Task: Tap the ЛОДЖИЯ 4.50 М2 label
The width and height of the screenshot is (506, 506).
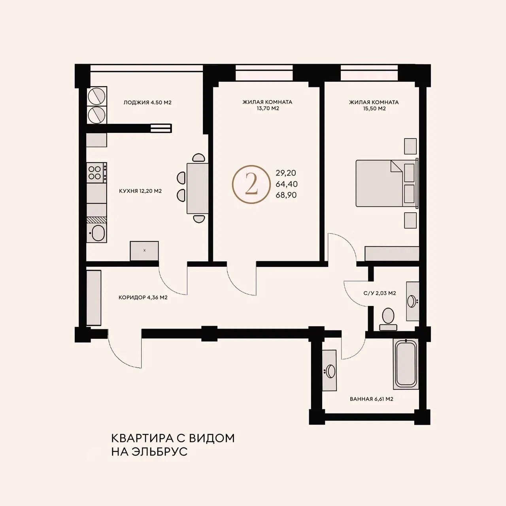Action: pos(147,102)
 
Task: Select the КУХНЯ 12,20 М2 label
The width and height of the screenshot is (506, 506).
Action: pos(140,191)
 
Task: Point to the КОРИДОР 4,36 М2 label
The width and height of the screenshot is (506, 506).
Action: pos(143,298)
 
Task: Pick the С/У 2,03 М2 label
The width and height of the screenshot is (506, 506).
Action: pos(379,293)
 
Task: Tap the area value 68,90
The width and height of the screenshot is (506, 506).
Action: pos(286,195)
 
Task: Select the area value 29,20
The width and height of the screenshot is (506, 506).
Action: pos(286,173)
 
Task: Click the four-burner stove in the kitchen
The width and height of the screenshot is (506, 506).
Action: pos(96,172)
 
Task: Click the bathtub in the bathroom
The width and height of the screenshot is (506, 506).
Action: pos(406,364)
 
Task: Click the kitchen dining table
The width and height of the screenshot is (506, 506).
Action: pos(198,188)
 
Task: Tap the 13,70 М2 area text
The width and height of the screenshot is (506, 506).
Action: pos(268,108)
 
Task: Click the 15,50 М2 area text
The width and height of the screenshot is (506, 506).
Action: pos(374,108)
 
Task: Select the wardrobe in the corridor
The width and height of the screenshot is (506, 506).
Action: pos(94,298)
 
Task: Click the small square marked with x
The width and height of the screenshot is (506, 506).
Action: pos(144,251)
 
